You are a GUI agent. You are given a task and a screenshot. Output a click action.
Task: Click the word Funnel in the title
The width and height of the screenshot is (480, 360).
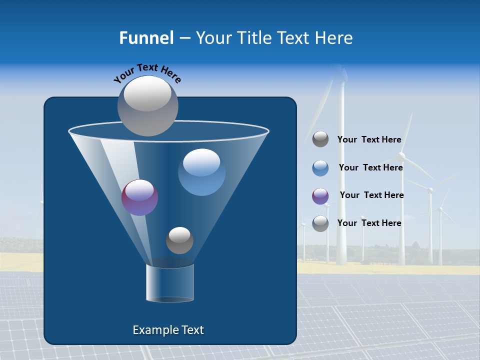coord(146,38)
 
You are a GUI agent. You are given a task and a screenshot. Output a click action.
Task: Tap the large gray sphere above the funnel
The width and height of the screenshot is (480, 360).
coord(148,106)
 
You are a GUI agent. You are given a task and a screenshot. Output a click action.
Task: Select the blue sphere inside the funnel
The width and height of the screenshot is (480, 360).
coord(202,172)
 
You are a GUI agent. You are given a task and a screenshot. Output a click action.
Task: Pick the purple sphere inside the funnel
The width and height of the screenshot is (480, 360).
coord(140,197)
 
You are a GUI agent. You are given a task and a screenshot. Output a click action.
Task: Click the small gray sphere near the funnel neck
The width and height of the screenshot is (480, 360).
coord(179,240)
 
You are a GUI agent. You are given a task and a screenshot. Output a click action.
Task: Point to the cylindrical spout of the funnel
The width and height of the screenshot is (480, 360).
coord(170,283)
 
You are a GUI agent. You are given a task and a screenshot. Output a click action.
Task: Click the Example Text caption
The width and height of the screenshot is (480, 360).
coord(168,330)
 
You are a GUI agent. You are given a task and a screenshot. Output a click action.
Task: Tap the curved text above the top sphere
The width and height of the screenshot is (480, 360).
coord(147,72)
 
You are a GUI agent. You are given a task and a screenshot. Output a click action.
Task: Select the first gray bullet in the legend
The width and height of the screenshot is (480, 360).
coord(320,139)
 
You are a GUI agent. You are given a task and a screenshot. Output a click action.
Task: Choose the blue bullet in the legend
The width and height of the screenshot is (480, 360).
coord(320,168)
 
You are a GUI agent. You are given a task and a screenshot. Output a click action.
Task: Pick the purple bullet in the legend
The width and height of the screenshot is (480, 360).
coord(320,196)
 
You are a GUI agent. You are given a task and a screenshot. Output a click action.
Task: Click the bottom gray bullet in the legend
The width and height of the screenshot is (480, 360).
coord(320,223)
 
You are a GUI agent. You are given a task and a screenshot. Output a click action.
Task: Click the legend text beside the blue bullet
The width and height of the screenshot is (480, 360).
coord(370,167)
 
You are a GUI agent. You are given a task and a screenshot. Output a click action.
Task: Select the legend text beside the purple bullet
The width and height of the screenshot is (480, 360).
coord(371,195)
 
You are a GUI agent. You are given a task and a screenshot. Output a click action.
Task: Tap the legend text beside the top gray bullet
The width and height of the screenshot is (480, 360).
coord(369,140)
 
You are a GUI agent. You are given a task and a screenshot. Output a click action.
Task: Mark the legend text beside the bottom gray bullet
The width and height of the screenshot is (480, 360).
coord(369,223)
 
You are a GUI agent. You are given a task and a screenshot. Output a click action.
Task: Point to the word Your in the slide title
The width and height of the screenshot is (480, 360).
coord(212,38)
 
